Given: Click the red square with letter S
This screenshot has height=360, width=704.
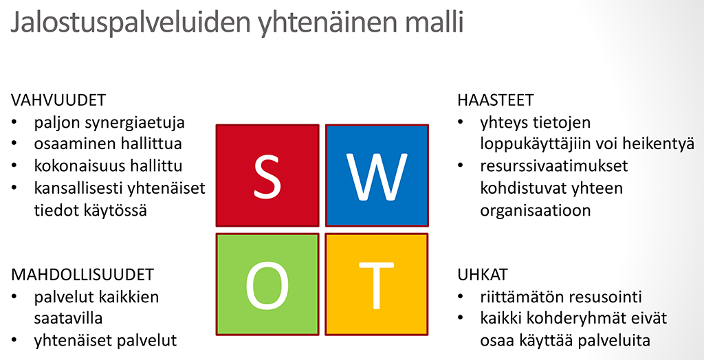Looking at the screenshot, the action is pyautogui.click(x=267, y=175).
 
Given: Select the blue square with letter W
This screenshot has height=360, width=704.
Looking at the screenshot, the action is pyautogui.click(x=377, y=175).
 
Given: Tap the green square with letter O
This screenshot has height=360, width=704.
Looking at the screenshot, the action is pyautogui.click(x=267, y=284).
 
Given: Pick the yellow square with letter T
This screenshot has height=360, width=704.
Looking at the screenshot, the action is pyautogui.click(x=377, y=284).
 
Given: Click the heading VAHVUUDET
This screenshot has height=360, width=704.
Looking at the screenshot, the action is pyautogui.click(x=58, y=100).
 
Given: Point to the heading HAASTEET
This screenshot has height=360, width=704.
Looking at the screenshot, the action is pyautogui.click(x=496, y=100).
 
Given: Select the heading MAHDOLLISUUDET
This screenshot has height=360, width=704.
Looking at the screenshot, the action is pyautogui.click(x=82, y=274).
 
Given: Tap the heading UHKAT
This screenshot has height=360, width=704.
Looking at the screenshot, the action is pyautogui.click(x=483, y=274).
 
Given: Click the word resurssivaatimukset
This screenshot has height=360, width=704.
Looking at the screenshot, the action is pyautogui.click(x=554, y=166).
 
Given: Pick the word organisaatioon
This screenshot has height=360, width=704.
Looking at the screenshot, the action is pyautogui.click(x=536, y=210).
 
